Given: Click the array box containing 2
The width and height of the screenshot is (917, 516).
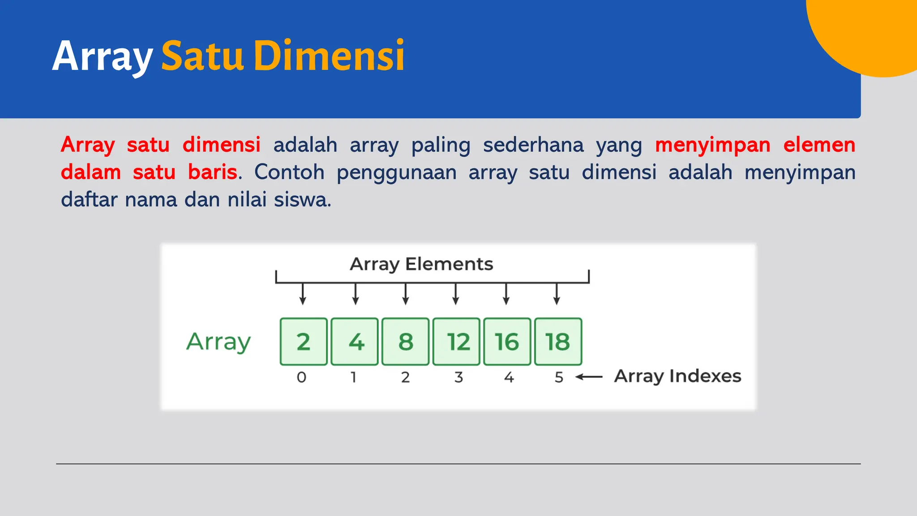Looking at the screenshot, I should [304, 342].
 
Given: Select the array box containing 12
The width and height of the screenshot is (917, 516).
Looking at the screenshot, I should [456, 342].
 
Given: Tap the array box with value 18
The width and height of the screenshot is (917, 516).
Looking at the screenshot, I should [558, 342].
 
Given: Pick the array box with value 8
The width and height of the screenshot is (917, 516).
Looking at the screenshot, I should [406, 342].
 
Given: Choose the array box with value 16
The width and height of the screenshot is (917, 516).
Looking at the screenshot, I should [507, 342].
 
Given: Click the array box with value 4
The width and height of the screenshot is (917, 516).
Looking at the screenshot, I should [355, 342].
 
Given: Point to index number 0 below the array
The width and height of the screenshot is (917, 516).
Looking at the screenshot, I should [302, 377].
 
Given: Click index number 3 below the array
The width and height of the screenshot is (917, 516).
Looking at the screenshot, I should [458, 377].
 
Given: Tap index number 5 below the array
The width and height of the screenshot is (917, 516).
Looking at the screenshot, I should [559, 377].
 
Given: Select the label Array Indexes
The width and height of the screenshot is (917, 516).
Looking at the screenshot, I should [677, 376].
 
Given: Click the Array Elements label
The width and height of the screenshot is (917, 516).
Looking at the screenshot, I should [421, 264].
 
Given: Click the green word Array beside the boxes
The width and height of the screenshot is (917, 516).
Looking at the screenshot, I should [219, 342].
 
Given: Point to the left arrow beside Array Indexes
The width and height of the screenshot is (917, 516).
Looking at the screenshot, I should [589, 377].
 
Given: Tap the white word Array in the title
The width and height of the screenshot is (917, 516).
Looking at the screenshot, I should [103, 56].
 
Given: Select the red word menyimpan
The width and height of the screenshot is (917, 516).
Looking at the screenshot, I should [712, 145].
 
